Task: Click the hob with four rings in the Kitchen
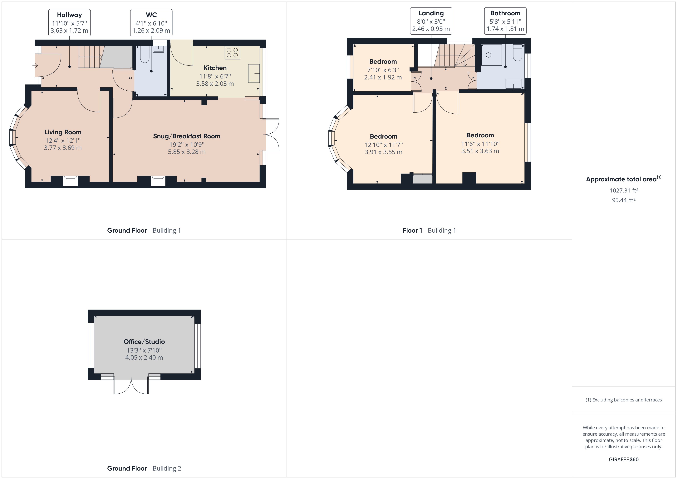coord(232,53)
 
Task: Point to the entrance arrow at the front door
coord(35,65)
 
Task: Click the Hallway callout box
coord(69,23)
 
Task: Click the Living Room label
coord(63,132)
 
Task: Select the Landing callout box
coord(431,21)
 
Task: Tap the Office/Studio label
coord(144,342)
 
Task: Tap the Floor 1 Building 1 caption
coord(429,230)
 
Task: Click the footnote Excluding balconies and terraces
coord(623,400)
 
